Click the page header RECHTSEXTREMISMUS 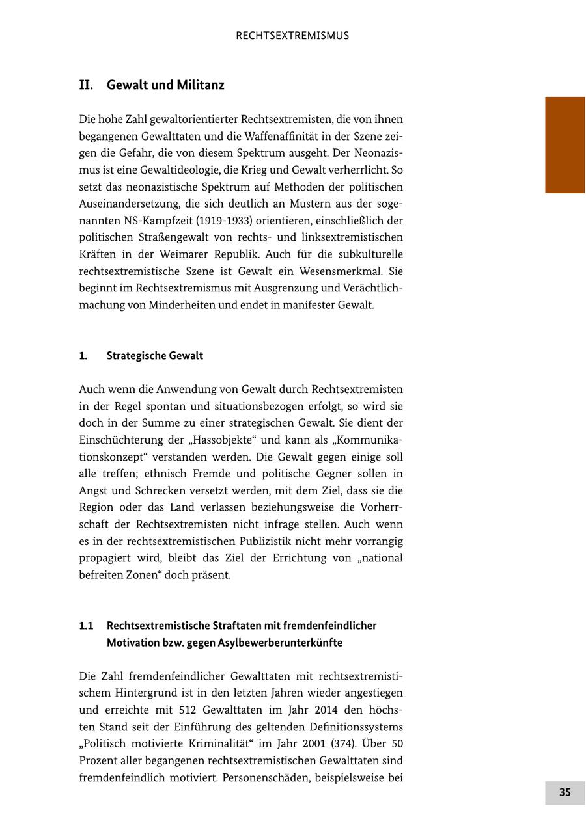pos(292,36)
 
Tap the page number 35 pos(565,792)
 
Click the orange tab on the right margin pos(565,144)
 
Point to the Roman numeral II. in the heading pos(87,85)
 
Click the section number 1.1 pos(86,626)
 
